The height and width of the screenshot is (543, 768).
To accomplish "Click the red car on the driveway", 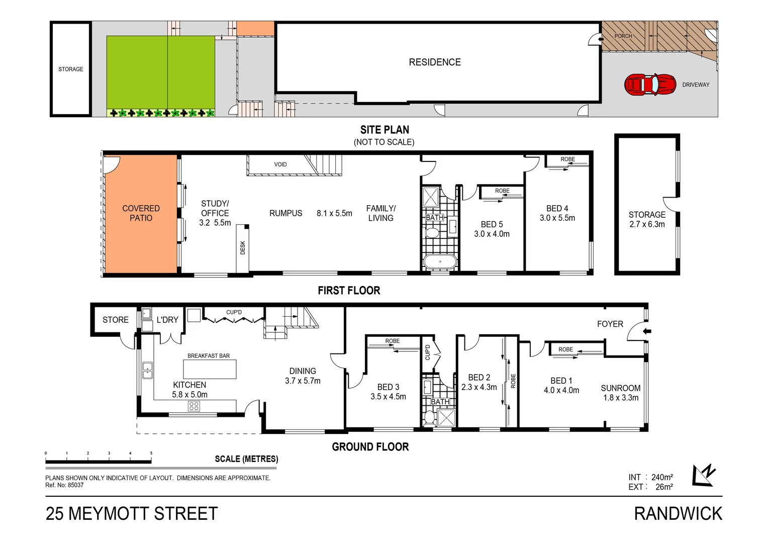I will click(x=650, y=84).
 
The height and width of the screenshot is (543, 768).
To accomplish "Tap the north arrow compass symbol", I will click(x=703, y=475).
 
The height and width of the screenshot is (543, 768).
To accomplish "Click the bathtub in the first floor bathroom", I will click(x=440, y=262).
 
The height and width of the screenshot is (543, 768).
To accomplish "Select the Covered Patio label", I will click(x=141, y=213).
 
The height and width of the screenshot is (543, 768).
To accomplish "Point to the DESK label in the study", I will click(x=243, y=247).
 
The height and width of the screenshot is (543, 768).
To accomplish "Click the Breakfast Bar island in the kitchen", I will click(x=209, y=369).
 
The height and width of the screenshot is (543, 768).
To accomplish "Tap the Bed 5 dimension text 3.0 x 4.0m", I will click(x=492, y=234).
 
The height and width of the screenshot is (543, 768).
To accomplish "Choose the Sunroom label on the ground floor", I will click(x=620, y=388).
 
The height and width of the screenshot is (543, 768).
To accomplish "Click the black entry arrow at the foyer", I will click(x=647, y=331).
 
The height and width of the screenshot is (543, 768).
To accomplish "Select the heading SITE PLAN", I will click(x=385, y=130).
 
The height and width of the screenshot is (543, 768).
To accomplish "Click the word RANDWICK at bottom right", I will click(x=678, y=514).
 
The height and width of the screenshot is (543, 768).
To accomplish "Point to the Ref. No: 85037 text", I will click(x=64, y=485).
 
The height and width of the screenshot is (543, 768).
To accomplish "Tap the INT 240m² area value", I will click(x=661, y=477).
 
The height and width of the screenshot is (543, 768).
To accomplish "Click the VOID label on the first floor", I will click(x=280, y=164).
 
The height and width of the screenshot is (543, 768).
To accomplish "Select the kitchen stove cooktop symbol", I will click(x=194, y=406).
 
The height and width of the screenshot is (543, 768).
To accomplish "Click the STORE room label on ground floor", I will click(x=116, y=320).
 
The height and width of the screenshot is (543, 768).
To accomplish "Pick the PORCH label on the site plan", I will click(x=623, y=36).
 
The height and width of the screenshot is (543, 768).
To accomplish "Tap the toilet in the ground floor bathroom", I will click(x=429, y=417).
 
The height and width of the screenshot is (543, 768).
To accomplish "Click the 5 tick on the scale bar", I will click(x=151, y=454).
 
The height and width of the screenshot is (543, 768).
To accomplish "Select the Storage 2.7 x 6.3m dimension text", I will click(x=647, y=224).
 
